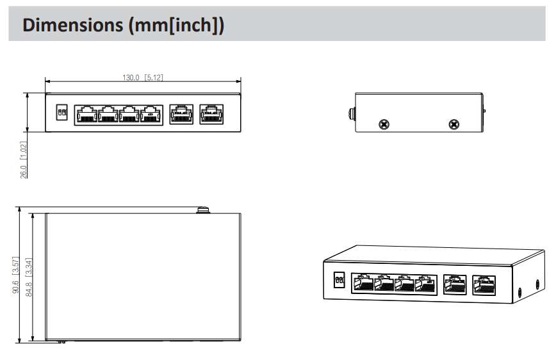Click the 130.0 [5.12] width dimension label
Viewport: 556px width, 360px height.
pos(143,78)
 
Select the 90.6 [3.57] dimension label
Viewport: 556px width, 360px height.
pos(15,276)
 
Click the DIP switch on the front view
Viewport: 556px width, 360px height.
pos(63,112)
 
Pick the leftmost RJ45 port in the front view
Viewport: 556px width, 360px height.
pos(86,114)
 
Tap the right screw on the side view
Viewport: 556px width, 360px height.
pos(454,124)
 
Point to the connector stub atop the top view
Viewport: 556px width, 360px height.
pos(204,209)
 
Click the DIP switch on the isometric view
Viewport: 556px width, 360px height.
pos(340,281)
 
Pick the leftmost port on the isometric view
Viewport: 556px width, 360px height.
pos(364,283)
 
